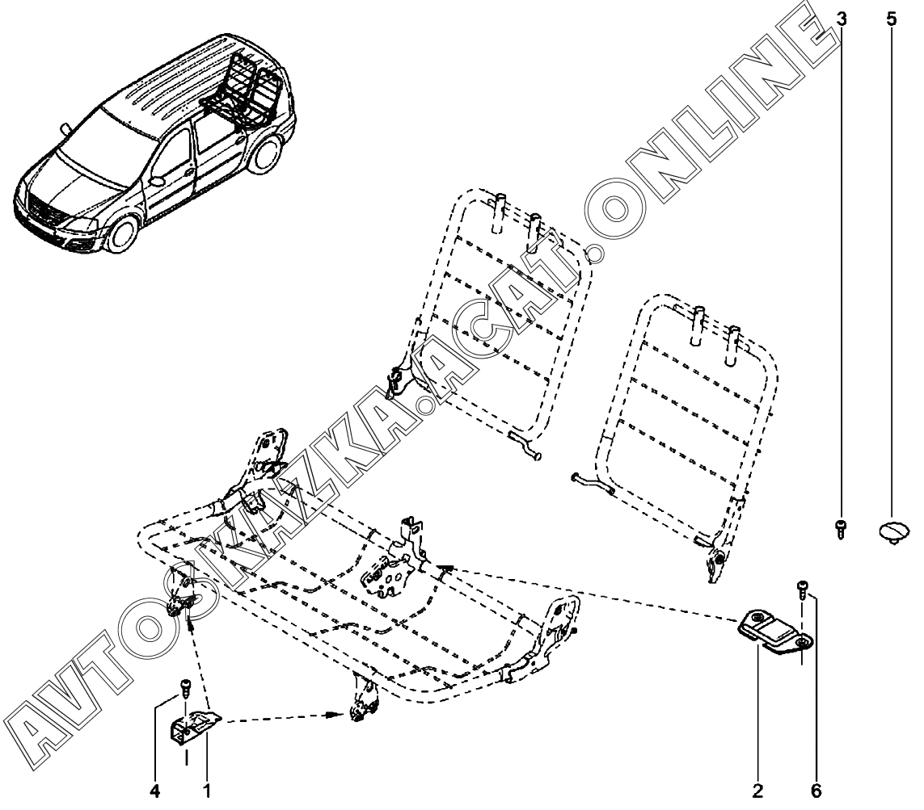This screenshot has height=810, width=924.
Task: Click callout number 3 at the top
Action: point(841,19)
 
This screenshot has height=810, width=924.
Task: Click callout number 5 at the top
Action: point(892,19)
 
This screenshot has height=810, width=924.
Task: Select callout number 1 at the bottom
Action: point(207,791)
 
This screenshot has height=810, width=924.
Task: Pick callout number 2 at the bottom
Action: point(757,791)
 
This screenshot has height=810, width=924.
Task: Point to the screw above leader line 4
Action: point(184,687)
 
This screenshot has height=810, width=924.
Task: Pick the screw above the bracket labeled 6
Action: point(802,588)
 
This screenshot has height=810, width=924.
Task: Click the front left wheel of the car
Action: point(123,233)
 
